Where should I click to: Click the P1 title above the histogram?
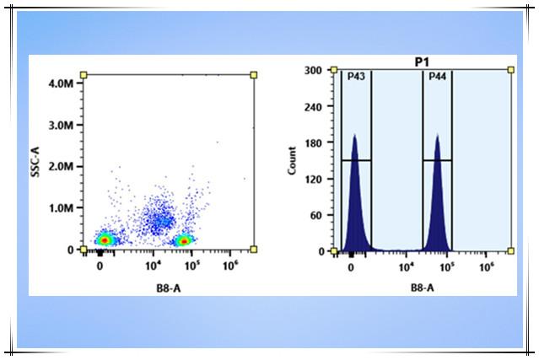(423, 62)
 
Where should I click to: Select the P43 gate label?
(356, 77)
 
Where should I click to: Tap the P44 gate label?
(437, 77)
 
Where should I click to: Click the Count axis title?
(292, 160)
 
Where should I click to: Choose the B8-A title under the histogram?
(423, 287)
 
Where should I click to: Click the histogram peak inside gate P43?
(355, 136)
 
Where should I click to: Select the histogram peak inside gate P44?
(437, 136)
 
